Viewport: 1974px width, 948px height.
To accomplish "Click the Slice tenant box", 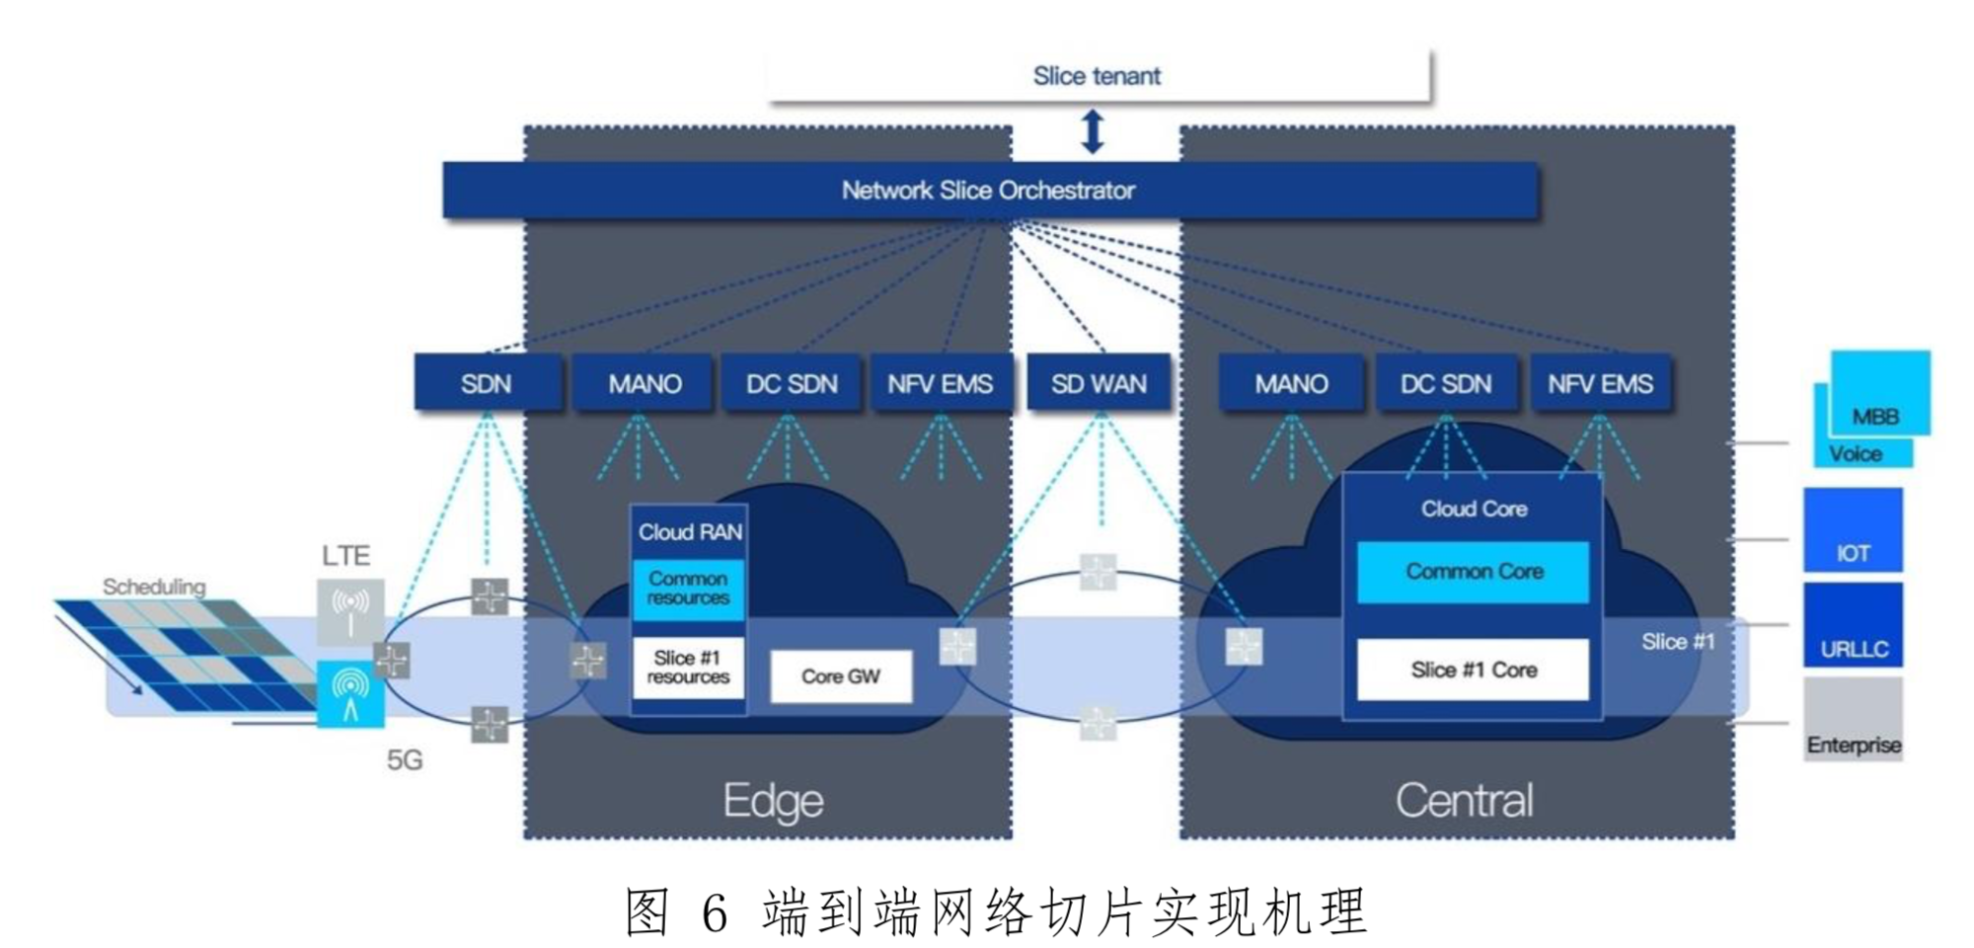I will [x=1098, y=75].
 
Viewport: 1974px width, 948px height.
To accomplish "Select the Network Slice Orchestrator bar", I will [x=989, y=190].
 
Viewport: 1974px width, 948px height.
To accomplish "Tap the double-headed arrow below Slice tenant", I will [x=1092, y=131].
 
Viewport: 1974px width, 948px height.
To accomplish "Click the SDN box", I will [x=487, y=383].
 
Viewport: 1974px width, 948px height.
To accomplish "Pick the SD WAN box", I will [x=1099, y=383].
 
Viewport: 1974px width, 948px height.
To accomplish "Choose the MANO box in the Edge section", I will [x=644, y=383].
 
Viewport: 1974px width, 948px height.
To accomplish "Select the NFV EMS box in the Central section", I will [x=1600, y=383].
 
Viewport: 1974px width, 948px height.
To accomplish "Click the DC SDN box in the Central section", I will [x=1446, y=383].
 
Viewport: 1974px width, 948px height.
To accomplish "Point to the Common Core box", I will [x=1474, y=572].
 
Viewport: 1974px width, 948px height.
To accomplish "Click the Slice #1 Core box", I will [x=1474, y=670].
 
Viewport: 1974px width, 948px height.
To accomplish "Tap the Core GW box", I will [x=840, y=676].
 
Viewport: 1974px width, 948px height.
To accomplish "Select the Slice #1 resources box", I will [x=688, y=668].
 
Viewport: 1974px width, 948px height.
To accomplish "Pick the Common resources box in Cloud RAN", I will [x=688, y=590].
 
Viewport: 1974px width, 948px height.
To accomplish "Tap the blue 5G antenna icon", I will [x=350, y=694].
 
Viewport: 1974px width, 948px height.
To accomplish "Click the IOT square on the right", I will [x=1853, y=530].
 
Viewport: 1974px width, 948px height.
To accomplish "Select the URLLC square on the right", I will [x=1853, y=625].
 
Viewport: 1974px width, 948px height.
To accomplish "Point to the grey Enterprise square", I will [x=1853, y=718].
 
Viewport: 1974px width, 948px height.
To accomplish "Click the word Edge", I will [x=773, y=801].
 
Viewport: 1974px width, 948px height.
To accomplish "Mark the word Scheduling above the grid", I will [x=154, y=587].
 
